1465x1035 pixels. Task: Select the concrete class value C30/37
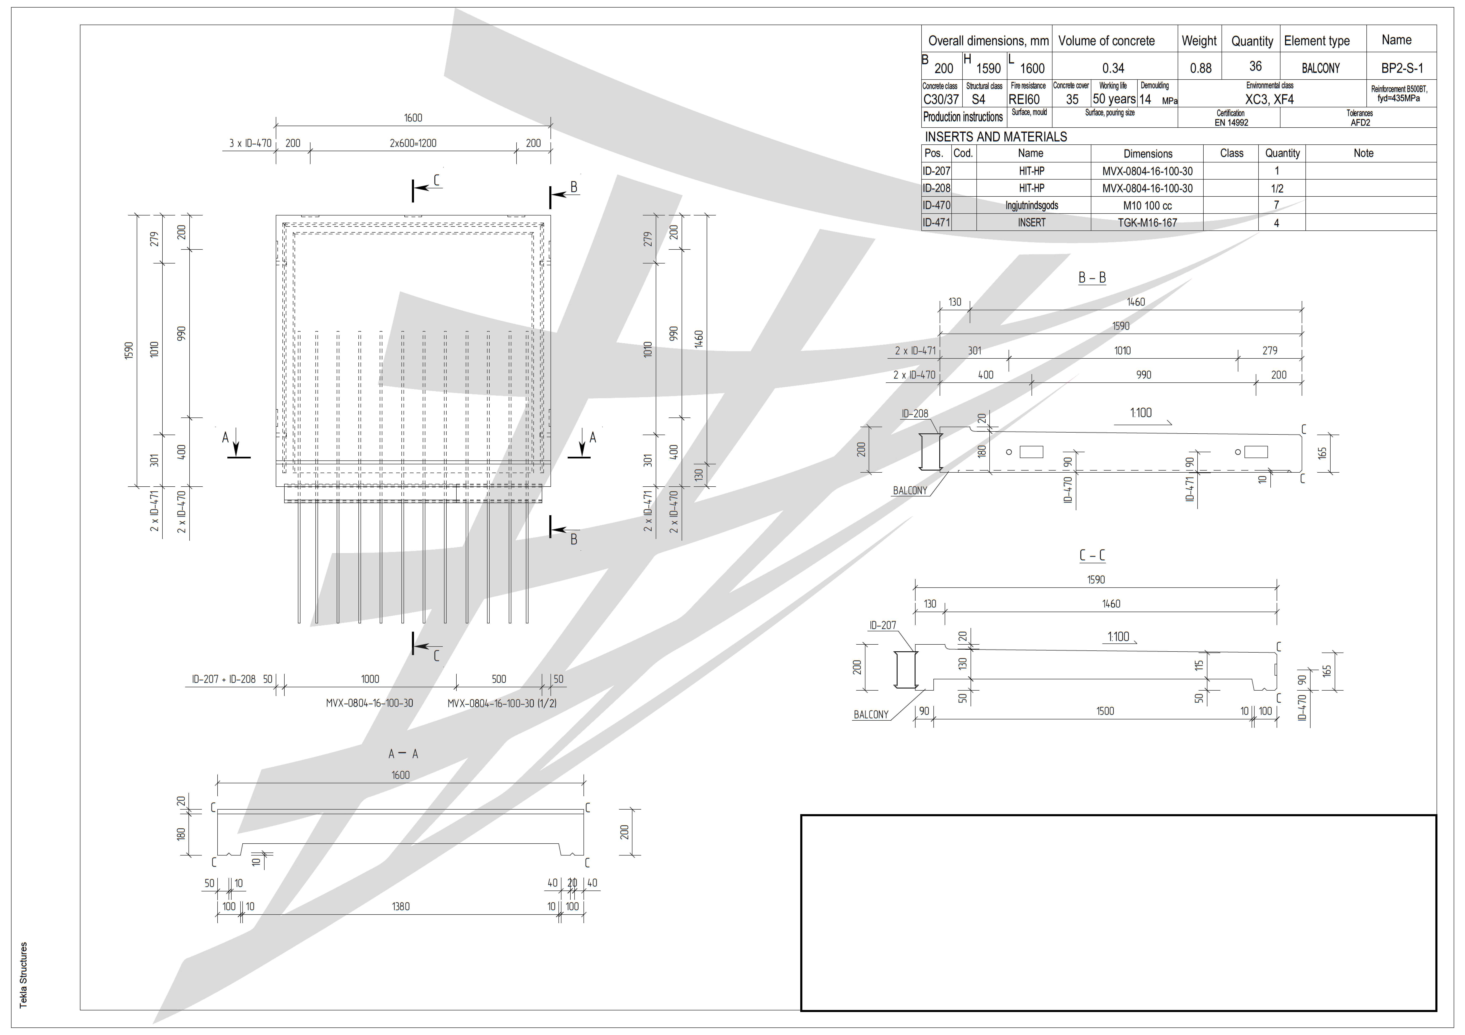click(941, 100)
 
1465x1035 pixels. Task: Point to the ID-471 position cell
click(936, 223)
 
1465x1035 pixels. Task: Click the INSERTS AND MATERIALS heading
click(995, 137)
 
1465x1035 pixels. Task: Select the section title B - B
click(1092, 278)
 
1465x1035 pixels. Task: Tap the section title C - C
click(1092, 555)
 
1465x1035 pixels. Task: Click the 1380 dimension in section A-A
click(401, 906)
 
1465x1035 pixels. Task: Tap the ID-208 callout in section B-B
click(914, 414)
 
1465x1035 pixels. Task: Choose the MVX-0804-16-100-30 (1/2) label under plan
click(501, 703)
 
